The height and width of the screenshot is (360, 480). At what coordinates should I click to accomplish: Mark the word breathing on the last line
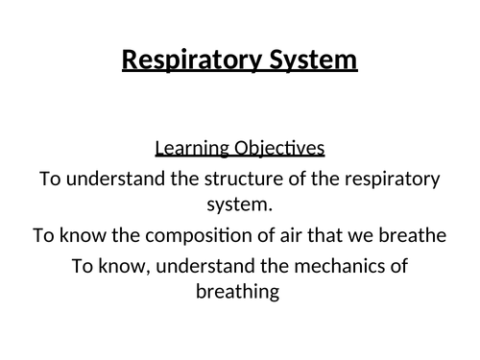coord(239,292)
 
